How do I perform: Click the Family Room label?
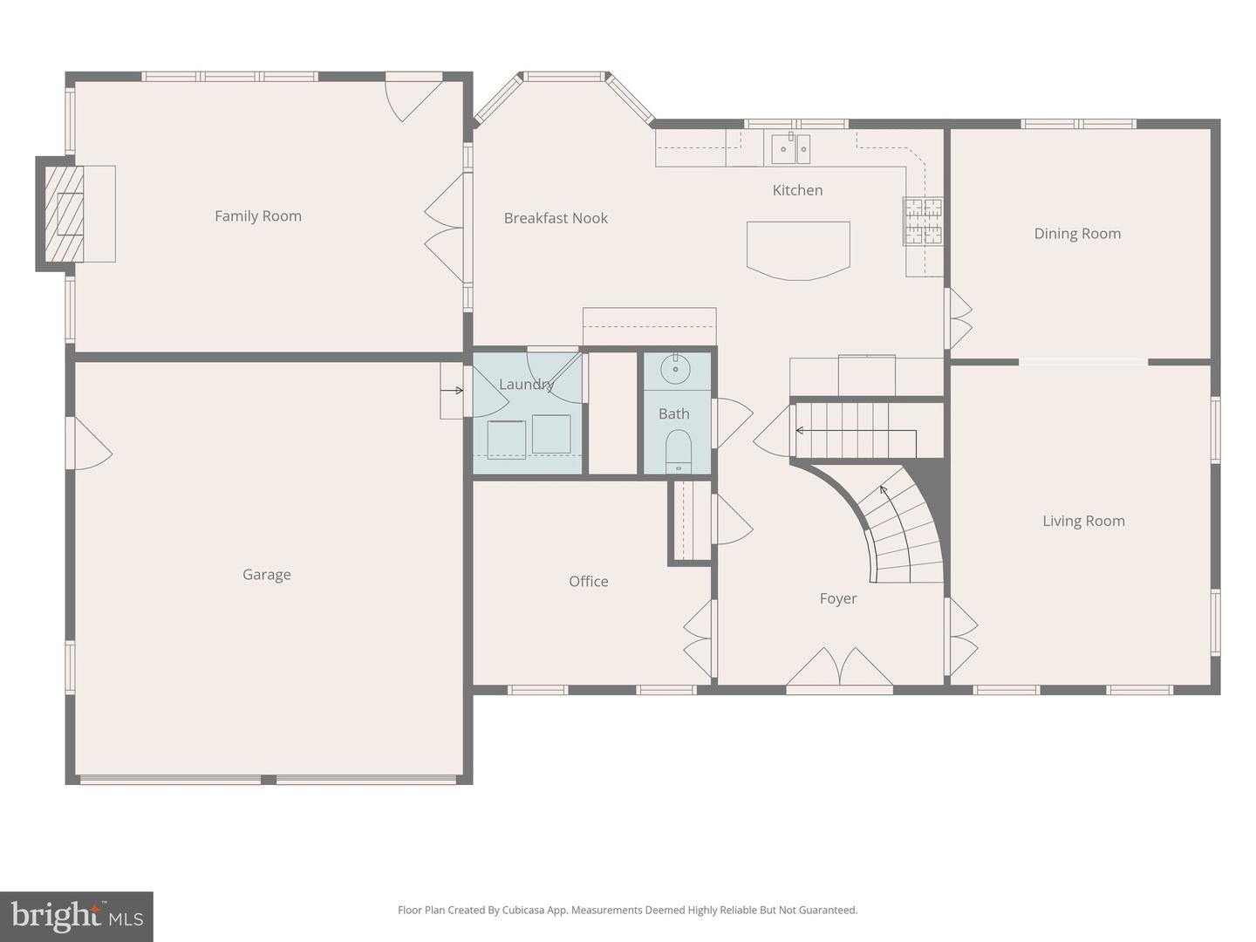point(258,215)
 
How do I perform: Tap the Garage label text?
point(266,574)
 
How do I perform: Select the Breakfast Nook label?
point(556,218)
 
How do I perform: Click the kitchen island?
point(798,249)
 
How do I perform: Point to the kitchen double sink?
point(791,149)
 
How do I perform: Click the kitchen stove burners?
point(923,220)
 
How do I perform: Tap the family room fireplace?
point(66,214)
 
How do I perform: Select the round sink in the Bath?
point(675,370)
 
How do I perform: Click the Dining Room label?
point(1077,233)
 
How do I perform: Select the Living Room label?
point(1083,521)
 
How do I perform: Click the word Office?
point(588,581)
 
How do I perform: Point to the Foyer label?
point(837,598)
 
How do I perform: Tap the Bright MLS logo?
point(77,917)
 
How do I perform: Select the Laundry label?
point(526,384)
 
